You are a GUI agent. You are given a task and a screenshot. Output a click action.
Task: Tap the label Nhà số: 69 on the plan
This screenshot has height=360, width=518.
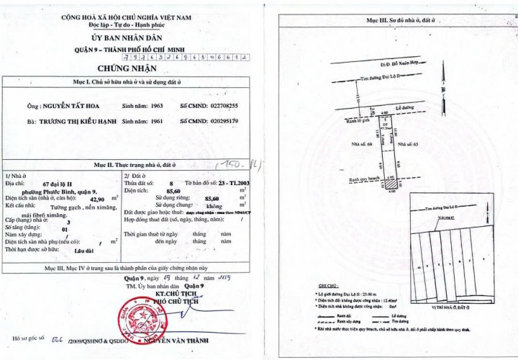tap(359, 144)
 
